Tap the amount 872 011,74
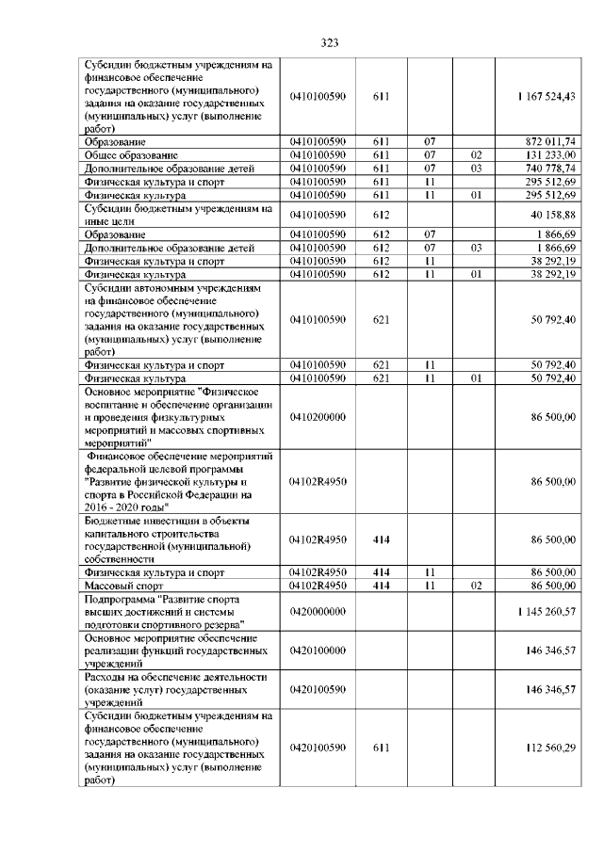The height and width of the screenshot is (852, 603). click(x=555, y=140)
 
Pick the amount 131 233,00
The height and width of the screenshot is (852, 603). click(x=555, y=154)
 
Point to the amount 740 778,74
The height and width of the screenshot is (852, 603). click(x=555, y=168)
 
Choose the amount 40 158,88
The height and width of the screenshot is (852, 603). click(x=558, y=215)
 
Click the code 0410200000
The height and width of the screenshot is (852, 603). click(x=318, y=416)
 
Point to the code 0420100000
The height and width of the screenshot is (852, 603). click(x=318, y=651)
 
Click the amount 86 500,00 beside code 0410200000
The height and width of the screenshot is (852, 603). click(x=558, y=416)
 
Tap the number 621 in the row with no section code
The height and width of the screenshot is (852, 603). click(x=381, y=319)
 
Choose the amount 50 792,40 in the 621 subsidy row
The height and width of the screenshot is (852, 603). click(x=558, y=319)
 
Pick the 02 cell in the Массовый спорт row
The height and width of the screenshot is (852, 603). click(x=476, y=585)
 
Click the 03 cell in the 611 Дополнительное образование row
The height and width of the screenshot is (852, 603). click(x=476, y=168)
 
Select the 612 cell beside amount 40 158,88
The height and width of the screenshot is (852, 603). click(x=381, y=215)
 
